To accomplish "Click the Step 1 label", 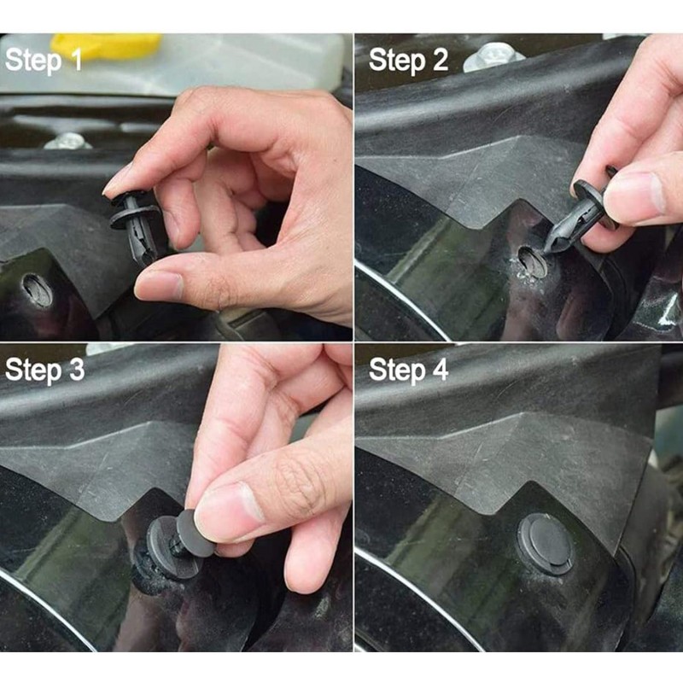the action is pos(44,60).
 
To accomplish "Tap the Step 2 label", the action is pos(408,60).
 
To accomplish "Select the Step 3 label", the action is pos(44,370).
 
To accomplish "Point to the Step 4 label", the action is pos(408,370).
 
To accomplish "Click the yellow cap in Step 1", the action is pos(106,46).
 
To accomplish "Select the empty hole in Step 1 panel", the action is pos(37,289).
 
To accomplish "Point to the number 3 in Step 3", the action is pos(76,370).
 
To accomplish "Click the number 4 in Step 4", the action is pos(440,370).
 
